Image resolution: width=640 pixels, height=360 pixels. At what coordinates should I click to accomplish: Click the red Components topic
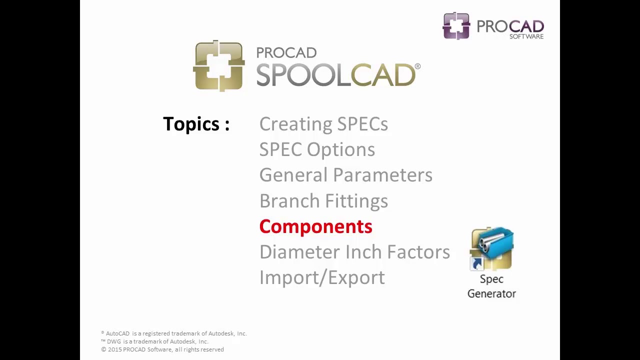coord(315,226)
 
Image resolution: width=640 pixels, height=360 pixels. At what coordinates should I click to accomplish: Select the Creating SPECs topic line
coord(323,124)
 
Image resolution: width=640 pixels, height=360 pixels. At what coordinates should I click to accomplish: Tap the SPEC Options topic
coord(317,149)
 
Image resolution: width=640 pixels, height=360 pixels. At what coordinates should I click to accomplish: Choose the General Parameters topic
coord(345,175)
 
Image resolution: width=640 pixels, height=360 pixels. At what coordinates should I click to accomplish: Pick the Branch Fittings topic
coord(323,201)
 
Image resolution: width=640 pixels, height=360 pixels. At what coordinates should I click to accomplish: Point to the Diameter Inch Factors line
coord(354,252)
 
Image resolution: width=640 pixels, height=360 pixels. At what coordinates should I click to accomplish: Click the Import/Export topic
coord(322,277)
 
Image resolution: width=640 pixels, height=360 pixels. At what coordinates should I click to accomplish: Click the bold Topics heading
coord(196,124)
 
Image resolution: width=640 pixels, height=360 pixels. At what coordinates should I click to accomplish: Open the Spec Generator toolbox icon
coord(492,248)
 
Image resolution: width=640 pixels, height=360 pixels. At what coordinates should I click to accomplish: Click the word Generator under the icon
coord(491,293)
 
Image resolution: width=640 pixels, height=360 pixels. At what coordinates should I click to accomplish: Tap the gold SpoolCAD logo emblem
coord(218,66)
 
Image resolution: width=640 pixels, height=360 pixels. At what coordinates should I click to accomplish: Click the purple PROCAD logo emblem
coord(456,26)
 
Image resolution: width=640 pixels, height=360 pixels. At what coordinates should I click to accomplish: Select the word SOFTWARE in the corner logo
coord(526,36)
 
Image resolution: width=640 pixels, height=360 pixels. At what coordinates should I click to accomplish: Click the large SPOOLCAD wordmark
coord(335,75)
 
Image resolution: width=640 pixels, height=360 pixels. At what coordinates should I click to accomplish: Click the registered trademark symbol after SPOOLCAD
coord(417,66)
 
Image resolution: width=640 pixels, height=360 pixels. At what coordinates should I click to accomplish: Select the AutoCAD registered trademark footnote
coord(174,333)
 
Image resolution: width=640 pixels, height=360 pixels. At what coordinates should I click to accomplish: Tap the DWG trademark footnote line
coord(154,341)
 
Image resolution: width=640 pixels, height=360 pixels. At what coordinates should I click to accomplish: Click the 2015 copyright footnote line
coord(162,349)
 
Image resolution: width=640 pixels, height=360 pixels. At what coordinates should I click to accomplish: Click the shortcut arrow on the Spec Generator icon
coord(476,263)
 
